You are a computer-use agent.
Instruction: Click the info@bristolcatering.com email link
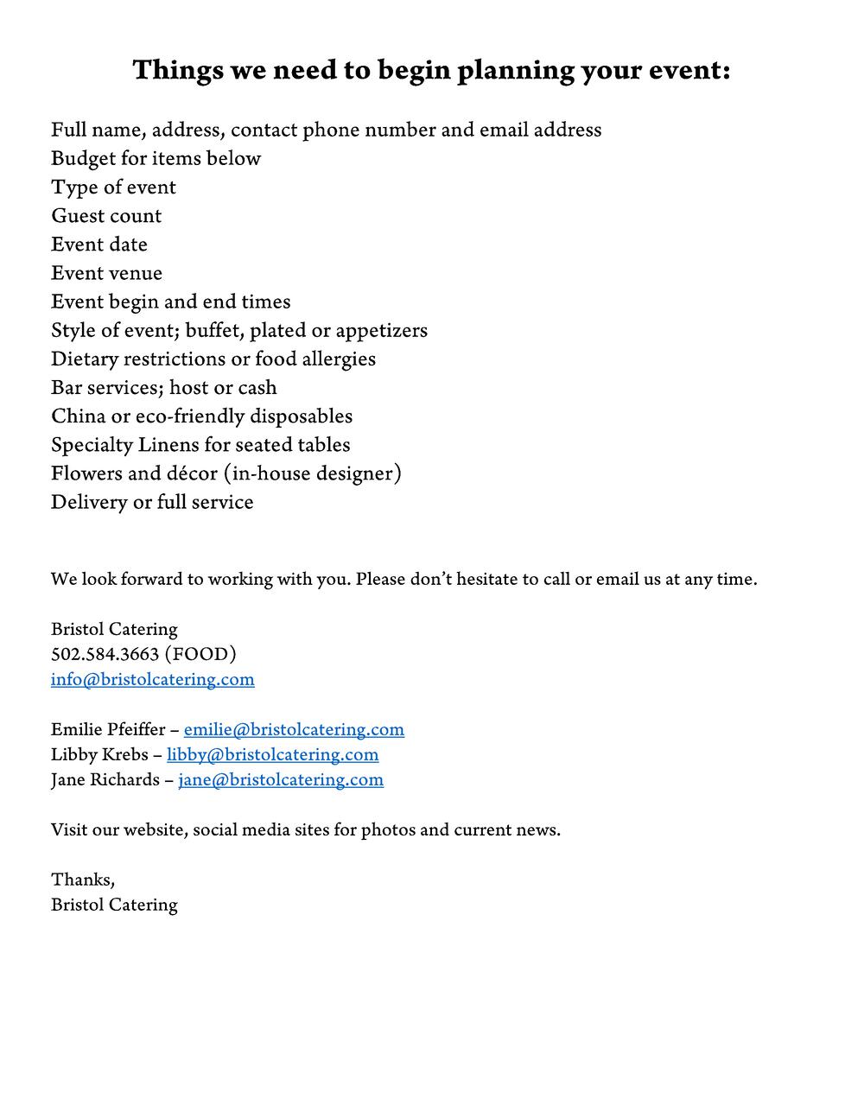152,679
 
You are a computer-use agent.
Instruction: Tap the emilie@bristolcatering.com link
294,729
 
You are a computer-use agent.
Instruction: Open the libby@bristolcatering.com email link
272,754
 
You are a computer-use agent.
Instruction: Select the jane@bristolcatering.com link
281,779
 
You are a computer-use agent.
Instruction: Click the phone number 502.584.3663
105,654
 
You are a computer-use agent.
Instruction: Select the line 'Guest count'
106,216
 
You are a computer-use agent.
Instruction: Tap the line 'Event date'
99,245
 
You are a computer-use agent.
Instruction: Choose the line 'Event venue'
106,273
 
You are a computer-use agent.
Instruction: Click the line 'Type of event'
113,187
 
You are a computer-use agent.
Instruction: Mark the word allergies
339,359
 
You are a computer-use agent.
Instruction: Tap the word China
79,416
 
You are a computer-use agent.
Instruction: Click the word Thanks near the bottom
81,880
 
